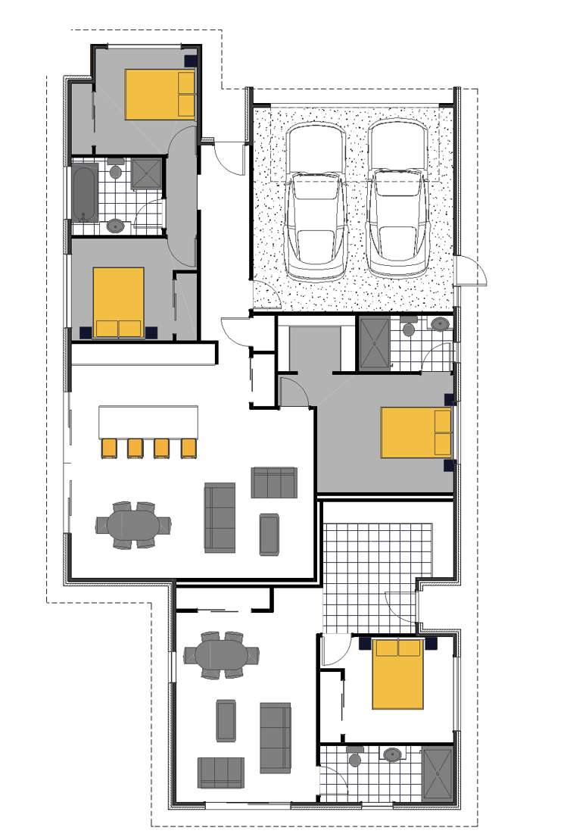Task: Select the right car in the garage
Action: click(x=397, y=201)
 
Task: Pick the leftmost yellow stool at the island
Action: click(x=109, y=448)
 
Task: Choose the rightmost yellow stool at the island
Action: click(x=188, y=448)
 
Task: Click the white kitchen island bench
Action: click(x=148, y=421)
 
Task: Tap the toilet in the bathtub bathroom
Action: click(x=116, y=170)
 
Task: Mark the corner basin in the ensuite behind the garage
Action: click(x=440, y=324)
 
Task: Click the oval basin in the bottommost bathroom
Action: click(x=392, y=754)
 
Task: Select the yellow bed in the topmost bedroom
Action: click(x=160, y=94)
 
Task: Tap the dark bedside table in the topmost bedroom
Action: click(x=192, y=58)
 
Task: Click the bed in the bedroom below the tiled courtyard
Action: click(x=397, y=674)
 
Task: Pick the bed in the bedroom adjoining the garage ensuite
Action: click(x=416, y=432)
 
